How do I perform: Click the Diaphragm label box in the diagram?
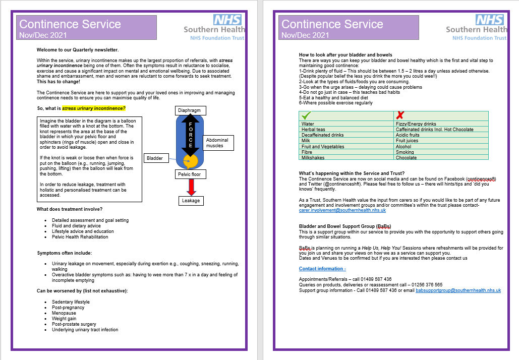[x=191, y=110]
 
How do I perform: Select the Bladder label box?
[x=155, y=158]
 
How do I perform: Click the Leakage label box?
[x=191, y=200]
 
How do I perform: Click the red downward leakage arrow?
[x=191, y=187]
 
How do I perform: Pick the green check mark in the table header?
[x=307, y=115]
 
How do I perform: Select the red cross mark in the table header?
[x=400, y=115]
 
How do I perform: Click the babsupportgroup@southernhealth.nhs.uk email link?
[x=458, y=290]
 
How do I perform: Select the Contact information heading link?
[x=322, y=269]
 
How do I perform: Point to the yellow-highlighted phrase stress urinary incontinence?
[x=94, y=108]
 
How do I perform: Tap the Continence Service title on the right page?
[x=332, y=24]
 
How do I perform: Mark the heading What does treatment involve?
[x=70, y=209]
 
